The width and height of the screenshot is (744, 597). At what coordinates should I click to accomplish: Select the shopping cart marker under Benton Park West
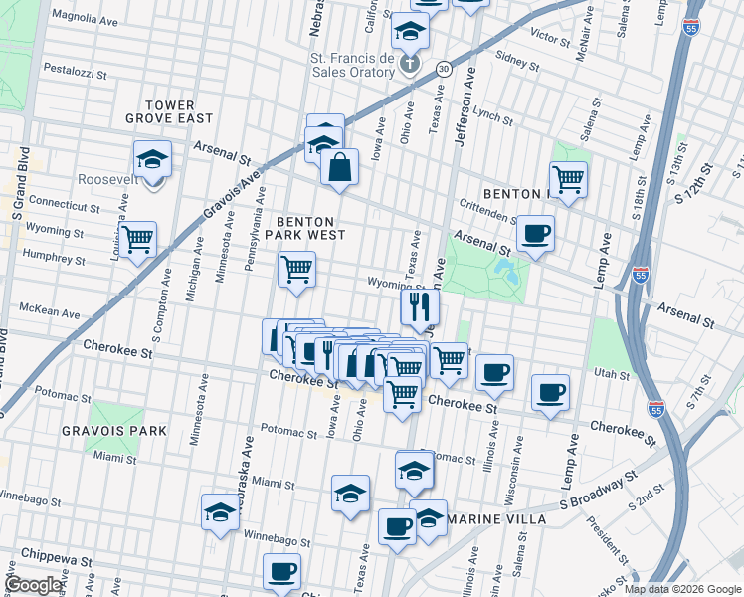(x=296, y=270)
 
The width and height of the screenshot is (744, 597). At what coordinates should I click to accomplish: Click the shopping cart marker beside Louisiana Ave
(x=137, y=239)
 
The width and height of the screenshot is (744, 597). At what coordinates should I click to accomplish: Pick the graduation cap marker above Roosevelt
(x=152, y=159)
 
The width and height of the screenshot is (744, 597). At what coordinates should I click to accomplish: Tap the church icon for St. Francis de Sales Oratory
(x=410, y=66)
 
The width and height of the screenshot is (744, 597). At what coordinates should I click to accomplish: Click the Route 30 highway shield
(x=443, y=68)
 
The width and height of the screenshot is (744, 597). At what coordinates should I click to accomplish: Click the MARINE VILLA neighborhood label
(x=496, y=519)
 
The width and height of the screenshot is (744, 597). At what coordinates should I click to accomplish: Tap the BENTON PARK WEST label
(x=310, y=228)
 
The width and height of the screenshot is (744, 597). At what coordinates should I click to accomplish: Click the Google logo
(x=35, y=585)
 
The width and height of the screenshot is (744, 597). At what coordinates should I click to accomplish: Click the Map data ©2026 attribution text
(x=681, y=589)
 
